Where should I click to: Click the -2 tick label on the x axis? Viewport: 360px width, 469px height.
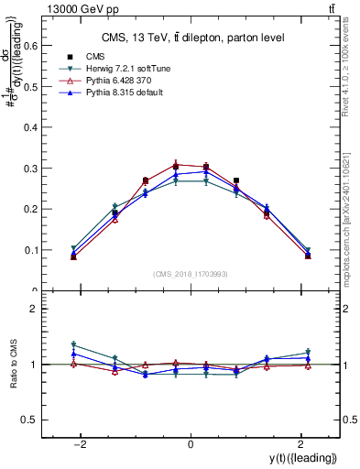point(82,442)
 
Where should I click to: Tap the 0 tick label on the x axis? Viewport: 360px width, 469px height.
point(191,442)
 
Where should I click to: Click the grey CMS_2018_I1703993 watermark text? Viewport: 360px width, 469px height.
point(190,274)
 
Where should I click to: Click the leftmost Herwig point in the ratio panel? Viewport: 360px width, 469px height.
point(73,345)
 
